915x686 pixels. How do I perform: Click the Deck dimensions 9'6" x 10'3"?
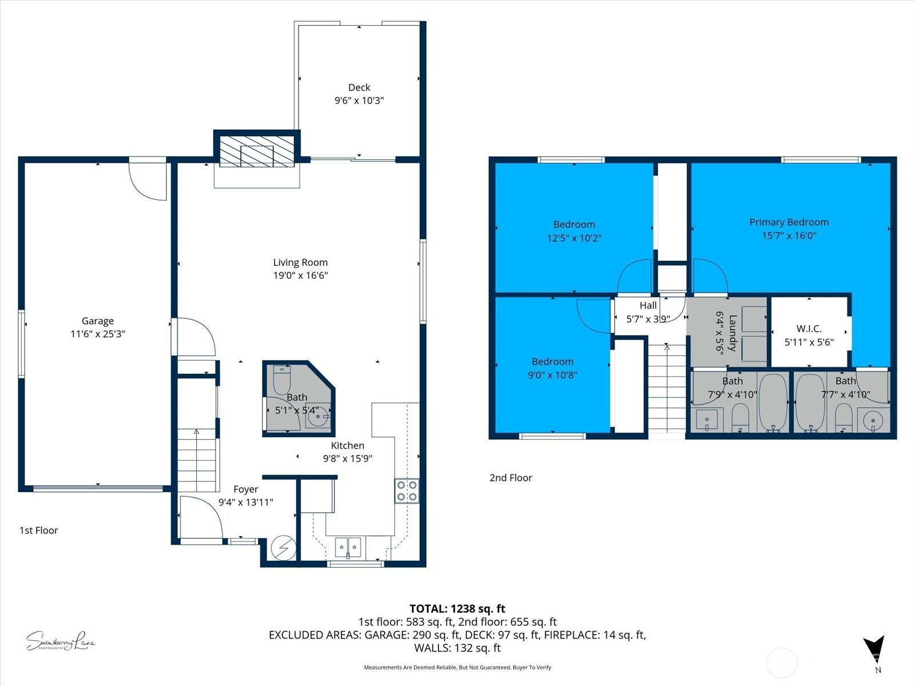359,101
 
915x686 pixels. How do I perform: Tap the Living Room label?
300,262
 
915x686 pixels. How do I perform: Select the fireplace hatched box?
257,152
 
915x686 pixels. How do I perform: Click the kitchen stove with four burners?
407,490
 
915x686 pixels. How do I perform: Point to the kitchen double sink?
348,547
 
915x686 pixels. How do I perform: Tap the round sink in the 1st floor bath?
318,416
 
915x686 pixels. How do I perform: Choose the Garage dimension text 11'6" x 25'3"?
98,334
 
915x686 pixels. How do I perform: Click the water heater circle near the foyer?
284,548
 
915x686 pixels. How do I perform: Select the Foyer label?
246,489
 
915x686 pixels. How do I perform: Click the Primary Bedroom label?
789,222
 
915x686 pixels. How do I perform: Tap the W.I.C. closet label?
809,329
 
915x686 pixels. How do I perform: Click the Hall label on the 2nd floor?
648,305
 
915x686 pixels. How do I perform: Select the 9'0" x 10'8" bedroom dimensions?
552,375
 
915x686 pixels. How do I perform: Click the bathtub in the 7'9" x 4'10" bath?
773,402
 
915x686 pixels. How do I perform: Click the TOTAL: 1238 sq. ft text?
457,609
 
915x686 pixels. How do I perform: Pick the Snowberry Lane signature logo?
60,641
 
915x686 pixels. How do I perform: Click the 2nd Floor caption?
511,478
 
